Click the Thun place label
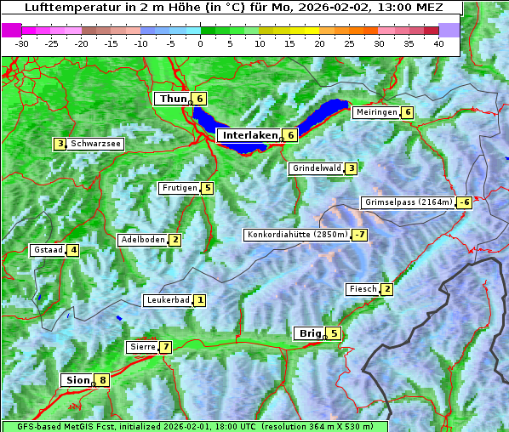pos(173,99)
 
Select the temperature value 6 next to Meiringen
pos(408,112)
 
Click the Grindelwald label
pos(317,168)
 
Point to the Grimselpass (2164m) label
pos(409,202)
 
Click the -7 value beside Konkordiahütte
pos(360,235)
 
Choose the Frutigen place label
pos(180,188)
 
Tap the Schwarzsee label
pos(95,144)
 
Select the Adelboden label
pos(142,240)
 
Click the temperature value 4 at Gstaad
pos(74,250)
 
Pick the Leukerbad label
pos(167,300)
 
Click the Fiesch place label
pos(363,289)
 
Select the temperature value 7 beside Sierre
pos(165,347)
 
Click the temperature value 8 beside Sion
pos(103,380)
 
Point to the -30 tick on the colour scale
pos(22,43)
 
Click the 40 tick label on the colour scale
pos(438,43)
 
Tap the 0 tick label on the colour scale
pos(200,43)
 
